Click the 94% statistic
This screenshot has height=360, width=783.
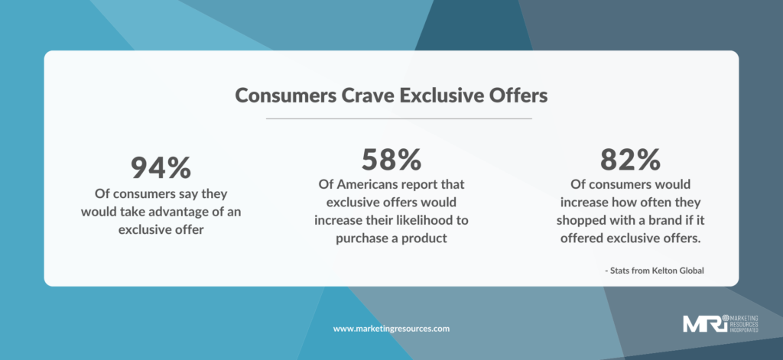coord(161,167)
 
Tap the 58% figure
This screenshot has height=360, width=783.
coord(391,160)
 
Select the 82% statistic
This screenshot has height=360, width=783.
coord(630,160)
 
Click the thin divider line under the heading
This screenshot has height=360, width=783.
coord(399,118)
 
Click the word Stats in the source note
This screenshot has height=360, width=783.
coord(619,271)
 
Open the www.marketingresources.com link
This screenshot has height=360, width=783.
coord(391,329)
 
